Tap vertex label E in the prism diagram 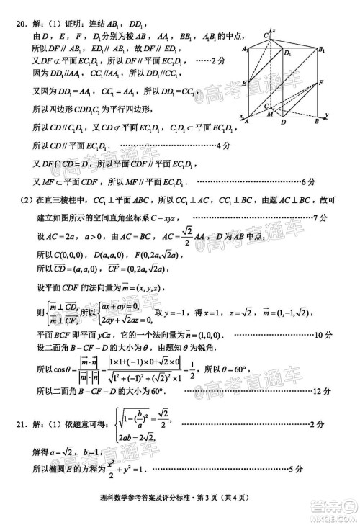click(245, 84)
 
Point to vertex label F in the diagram click(320, 84)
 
